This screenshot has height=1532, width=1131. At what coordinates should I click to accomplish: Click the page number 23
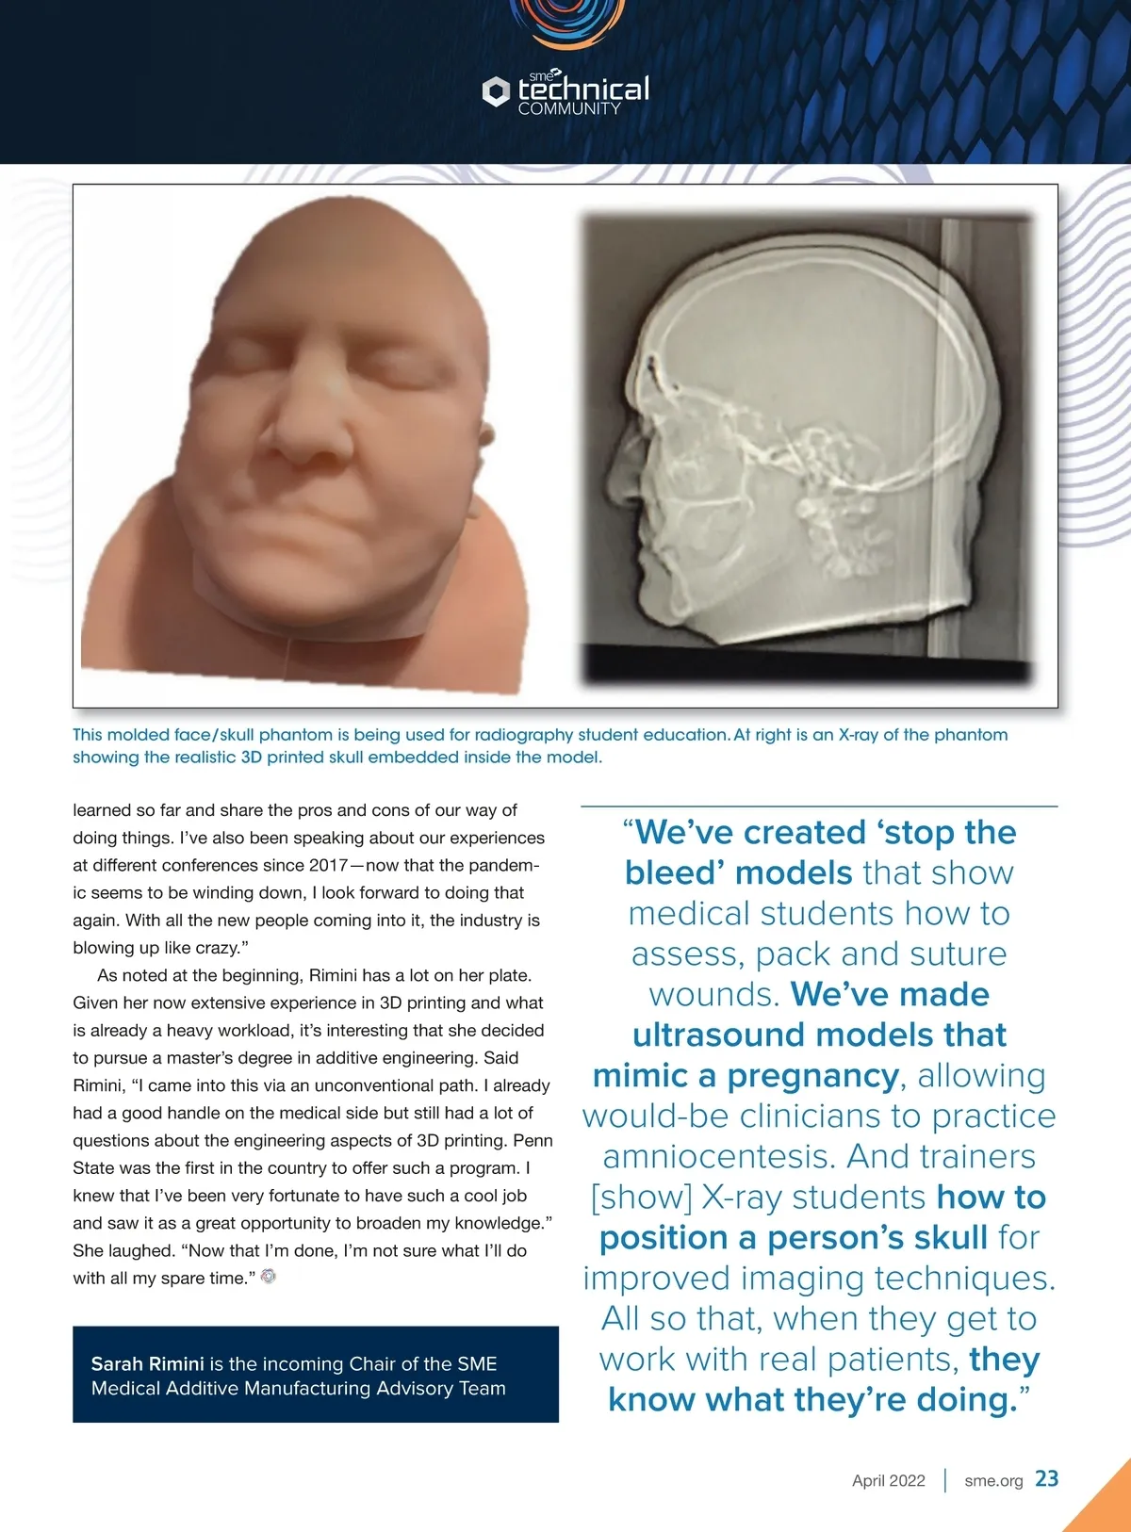coord(1046,1478)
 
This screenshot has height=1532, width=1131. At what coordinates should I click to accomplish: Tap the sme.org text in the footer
coord(993,1480)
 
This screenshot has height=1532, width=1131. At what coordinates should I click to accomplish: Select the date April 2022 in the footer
coord(888,1480)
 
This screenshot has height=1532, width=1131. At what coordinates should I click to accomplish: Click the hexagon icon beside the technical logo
coord(496,91)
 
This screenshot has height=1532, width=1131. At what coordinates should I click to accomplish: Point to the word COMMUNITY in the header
coord(569,109)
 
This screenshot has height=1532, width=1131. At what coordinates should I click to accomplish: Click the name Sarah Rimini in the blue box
coord(147,1363)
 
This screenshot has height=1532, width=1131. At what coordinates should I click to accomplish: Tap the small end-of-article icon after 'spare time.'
coord(269,1277)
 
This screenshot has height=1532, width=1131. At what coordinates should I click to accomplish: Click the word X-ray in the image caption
coord(858,735)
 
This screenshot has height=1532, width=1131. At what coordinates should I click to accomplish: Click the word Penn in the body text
coord(533,1140)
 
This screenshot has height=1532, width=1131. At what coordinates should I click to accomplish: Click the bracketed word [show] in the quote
coord(641,1197)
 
